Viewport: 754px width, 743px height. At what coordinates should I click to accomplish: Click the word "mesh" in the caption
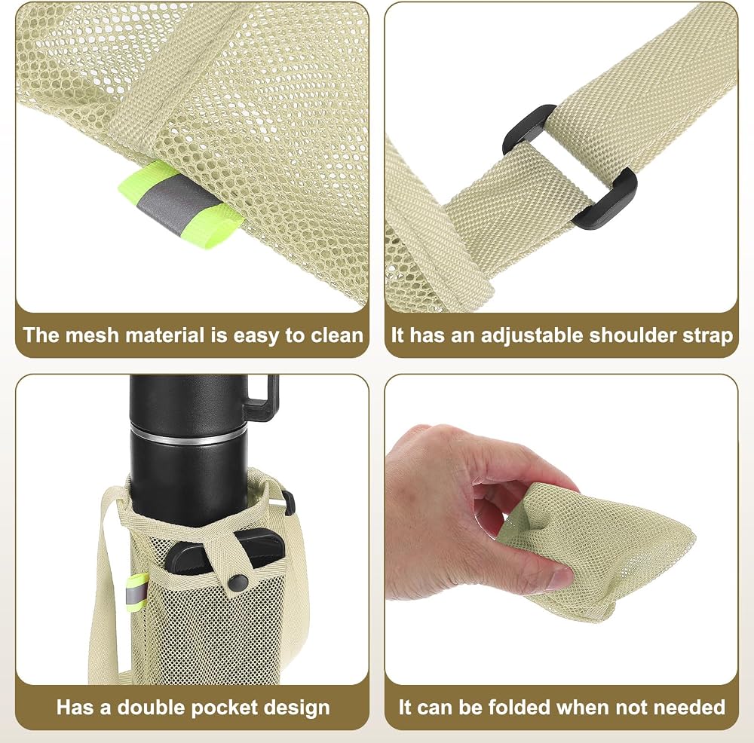click(x=92, y=335)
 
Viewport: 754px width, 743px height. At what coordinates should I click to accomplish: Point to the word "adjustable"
click(x=532, y=336)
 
